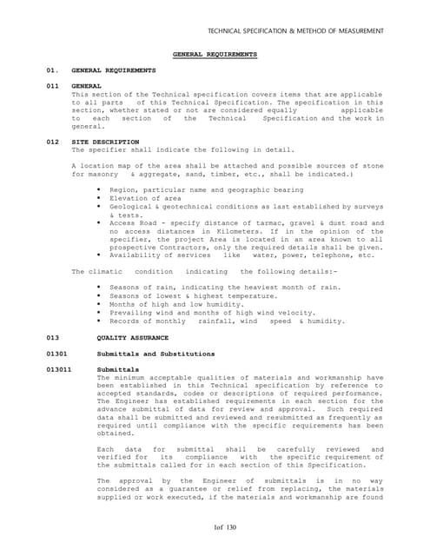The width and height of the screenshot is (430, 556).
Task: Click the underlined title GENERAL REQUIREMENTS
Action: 215,54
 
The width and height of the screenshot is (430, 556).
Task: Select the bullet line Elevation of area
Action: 145,198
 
